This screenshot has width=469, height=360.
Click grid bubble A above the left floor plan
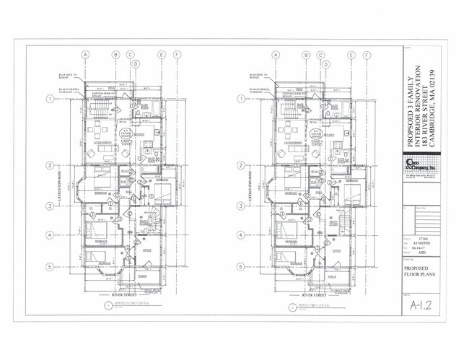(84, 55)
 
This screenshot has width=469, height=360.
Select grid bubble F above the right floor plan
(367, 55)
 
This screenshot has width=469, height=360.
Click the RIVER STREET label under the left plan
(126, 295)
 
